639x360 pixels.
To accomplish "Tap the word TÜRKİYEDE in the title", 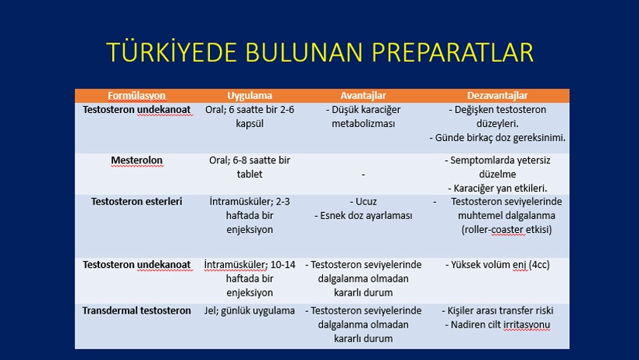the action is click(x=172, y=52).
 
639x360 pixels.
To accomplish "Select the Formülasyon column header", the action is click(x=136, y=96).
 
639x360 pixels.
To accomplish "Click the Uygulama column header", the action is click(x=249, y=96).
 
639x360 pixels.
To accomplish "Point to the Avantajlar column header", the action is click(x=363, y=96).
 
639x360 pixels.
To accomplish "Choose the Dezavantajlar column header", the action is click(x=497, y=96).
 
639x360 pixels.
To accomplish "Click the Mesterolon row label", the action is click(x=136, y=160).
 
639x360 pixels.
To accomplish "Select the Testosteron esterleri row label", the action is click(x=136, y=201).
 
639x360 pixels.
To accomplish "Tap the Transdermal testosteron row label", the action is click(x=136, y=310).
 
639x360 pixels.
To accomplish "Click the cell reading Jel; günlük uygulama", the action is click(x=249, y=310).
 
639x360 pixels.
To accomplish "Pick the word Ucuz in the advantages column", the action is click(x=366, y=201).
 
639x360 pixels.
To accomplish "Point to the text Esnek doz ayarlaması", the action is click(x=366, y=216).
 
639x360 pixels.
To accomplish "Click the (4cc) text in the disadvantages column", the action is click(x=539, y=265).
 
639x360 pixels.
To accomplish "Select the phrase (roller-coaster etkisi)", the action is click(x=507, y=230).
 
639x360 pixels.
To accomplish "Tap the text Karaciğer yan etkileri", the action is click(x=500, y=189).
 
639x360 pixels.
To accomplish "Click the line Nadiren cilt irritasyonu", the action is click(x=500, y=325).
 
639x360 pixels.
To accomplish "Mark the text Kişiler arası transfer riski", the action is click(x=500, y=310).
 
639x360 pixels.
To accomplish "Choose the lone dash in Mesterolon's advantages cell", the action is click(x=363, y=175).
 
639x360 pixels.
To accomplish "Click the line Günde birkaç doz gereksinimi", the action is click(x=500, y=138).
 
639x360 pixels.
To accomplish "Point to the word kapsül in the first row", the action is click(x=249, y=124).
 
